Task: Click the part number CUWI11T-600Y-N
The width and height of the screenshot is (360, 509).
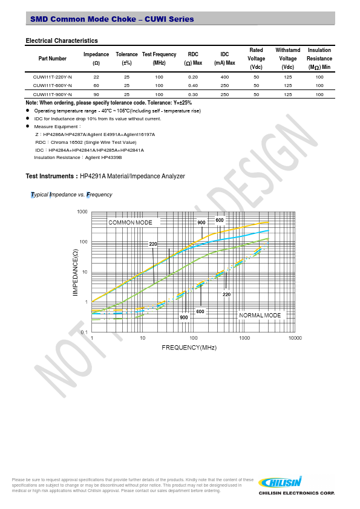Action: tap(52, 86)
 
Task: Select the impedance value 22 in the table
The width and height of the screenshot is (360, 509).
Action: tap(96, 77)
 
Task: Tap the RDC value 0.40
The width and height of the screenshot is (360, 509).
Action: tap(193, 86)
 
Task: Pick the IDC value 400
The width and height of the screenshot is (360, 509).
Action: tap(224, 77)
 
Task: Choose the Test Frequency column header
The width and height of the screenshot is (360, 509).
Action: tap(159, 59)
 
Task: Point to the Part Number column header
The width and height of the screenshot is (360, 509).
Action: tap(52, 59)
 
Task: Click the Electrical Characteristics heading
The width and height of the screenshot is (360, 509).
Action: tap(62, 41)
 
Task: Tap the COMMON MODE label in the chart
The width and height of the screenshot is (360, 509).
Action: tap(130, 222)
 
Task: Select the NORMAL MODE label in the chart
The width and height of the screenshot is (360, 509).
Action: tap(260, 316)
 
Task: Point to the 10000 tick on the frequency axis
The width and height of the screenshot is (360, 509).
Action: tap(295, 338)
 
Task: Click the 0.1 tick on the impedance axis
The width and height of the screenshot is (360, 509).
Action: tap(84, 332)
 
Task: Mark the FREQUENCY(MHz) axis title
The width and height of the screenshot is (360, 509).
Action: tap(189, 348)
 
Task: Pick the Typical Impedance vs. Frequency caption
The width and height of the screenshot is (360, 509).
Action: tap(71, 195)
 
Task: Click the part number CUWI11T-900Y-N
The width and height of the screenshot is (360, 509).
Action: tap(52, 94)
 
